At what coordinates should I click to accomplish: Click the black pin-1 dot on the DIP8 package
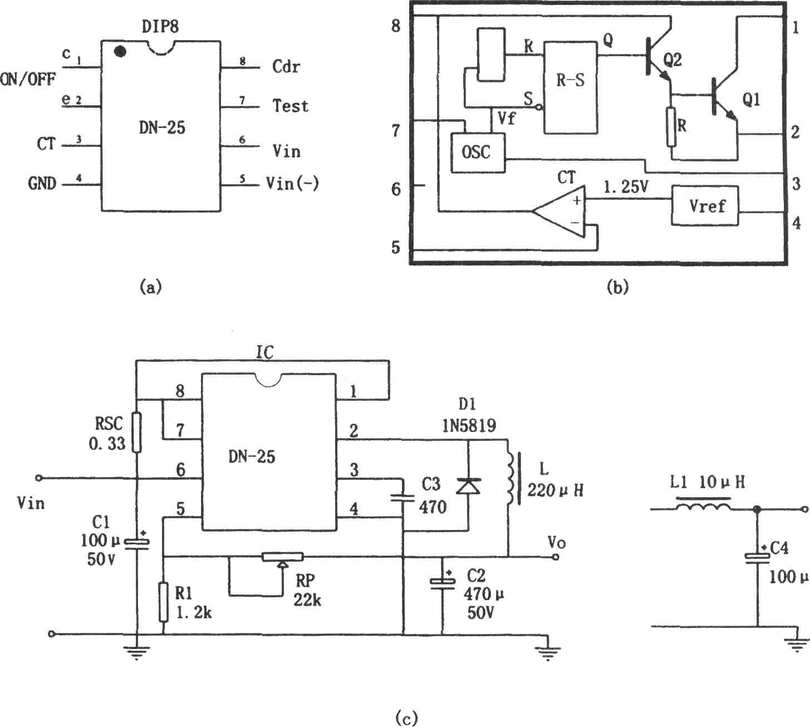coord(120,52)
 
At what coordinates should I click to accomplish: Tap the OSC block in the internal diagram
coord(478,153)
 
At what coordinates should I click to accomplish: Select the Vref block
coord(704,205)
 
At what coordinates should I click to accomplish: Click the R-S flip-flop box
coord(571,87)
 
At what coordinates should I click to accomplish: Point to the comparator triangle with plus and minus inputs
coord(559,211)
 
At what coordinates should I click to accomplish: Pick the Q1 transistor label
coord(751,99)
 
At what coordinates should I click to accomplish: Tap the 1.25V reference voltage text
coord(626,187)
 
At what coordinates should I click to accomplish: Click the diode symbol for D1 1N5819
coord(468,486)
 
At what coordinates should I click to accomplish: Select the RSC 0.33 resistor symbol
coord(137,433)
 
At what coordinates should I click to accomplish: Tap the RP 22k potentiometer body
coord(282,557)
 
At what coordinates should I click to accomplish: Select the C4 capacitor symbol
coord(757,558)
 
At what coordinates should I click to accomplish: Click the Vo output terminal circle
coord(555,557)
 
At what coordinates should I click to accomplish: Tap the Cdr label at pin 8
coord(286,66)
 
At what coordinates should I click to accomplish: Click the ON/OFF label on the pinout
coord(27,80)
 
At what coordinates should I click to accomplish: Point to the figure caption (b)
coord(617,287)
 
